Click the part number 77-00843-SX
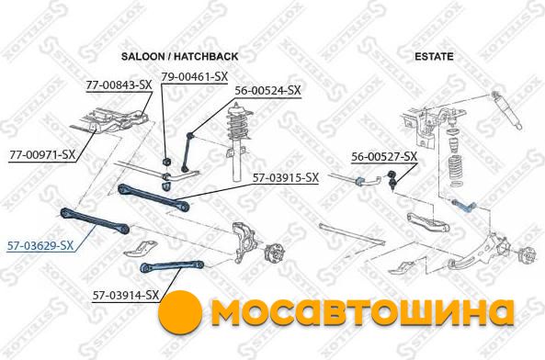[x=119, y=85]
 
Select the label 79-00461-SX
[x=194, y=77]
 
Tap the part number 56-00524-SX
[x=267, y=91]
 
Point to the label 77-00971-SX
[x=42, y=155]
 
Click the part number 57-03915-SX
[x=286, y=178]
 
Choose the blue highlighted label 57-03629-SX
[x=40, y=246]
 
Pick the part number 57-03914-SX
[x=126, y=296]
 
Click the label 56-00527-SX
[x=384, y=156]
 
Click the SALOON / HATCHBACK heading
[x=180, y=56]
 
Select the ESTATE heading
[x=434, y=56]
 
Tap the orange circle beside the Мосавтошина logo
[x=180, y=312]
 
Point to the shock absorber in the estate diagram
[x=506, y=110]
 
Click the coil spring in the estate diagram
[x=456, y=168]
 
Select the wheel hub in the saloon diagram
[x=274, y=254]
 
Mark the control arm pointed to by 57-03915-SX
[x=153, y=198]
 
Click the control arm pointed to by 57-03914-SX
[x=171, y=266]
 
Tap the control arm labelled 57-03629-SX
[x=95, y=220]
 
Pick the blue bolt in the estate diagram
[x=464, y=206]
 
